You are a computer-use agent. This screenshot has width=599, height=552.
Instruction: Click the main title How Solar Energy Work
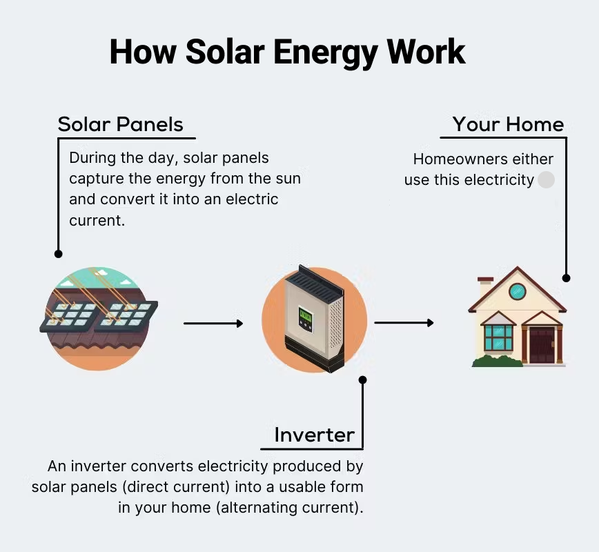pos(287,52)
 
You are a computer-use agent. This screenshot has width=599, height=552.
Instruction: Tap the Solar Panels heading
pos(120,124)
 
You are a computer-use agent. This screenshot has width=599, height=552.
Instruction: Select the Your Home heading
pos(508,124)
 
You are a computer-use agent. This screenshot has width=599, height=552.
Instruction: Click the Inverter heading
pos(314,435)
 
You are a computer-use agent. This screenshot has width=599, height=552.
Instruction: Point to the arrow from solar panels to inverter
pos(213,323)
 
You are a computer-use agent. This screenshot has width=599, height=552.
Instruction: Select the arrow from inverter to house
pos(404,322)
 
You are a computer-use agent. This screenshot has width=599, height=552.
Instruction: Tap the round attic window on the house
pos(518,290)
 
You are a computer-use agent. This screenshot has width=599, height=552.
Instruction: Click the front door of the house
pos(541,345)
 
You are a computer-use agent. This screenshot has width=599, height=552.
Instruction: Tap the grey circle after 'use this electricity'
pos(546,180)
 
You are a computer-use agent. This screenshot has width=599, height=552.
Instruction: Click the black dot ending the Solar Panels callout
pos(58,254)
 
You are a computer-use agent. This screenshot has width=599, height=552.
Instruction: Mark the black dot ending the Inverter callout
pos(363,379)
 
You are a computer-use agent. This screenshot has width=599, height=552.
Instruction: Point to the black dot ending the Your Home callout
pos(567,278)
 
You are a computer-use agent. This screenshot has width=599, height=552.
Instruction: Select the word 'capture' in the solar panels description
pos(94,179)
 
